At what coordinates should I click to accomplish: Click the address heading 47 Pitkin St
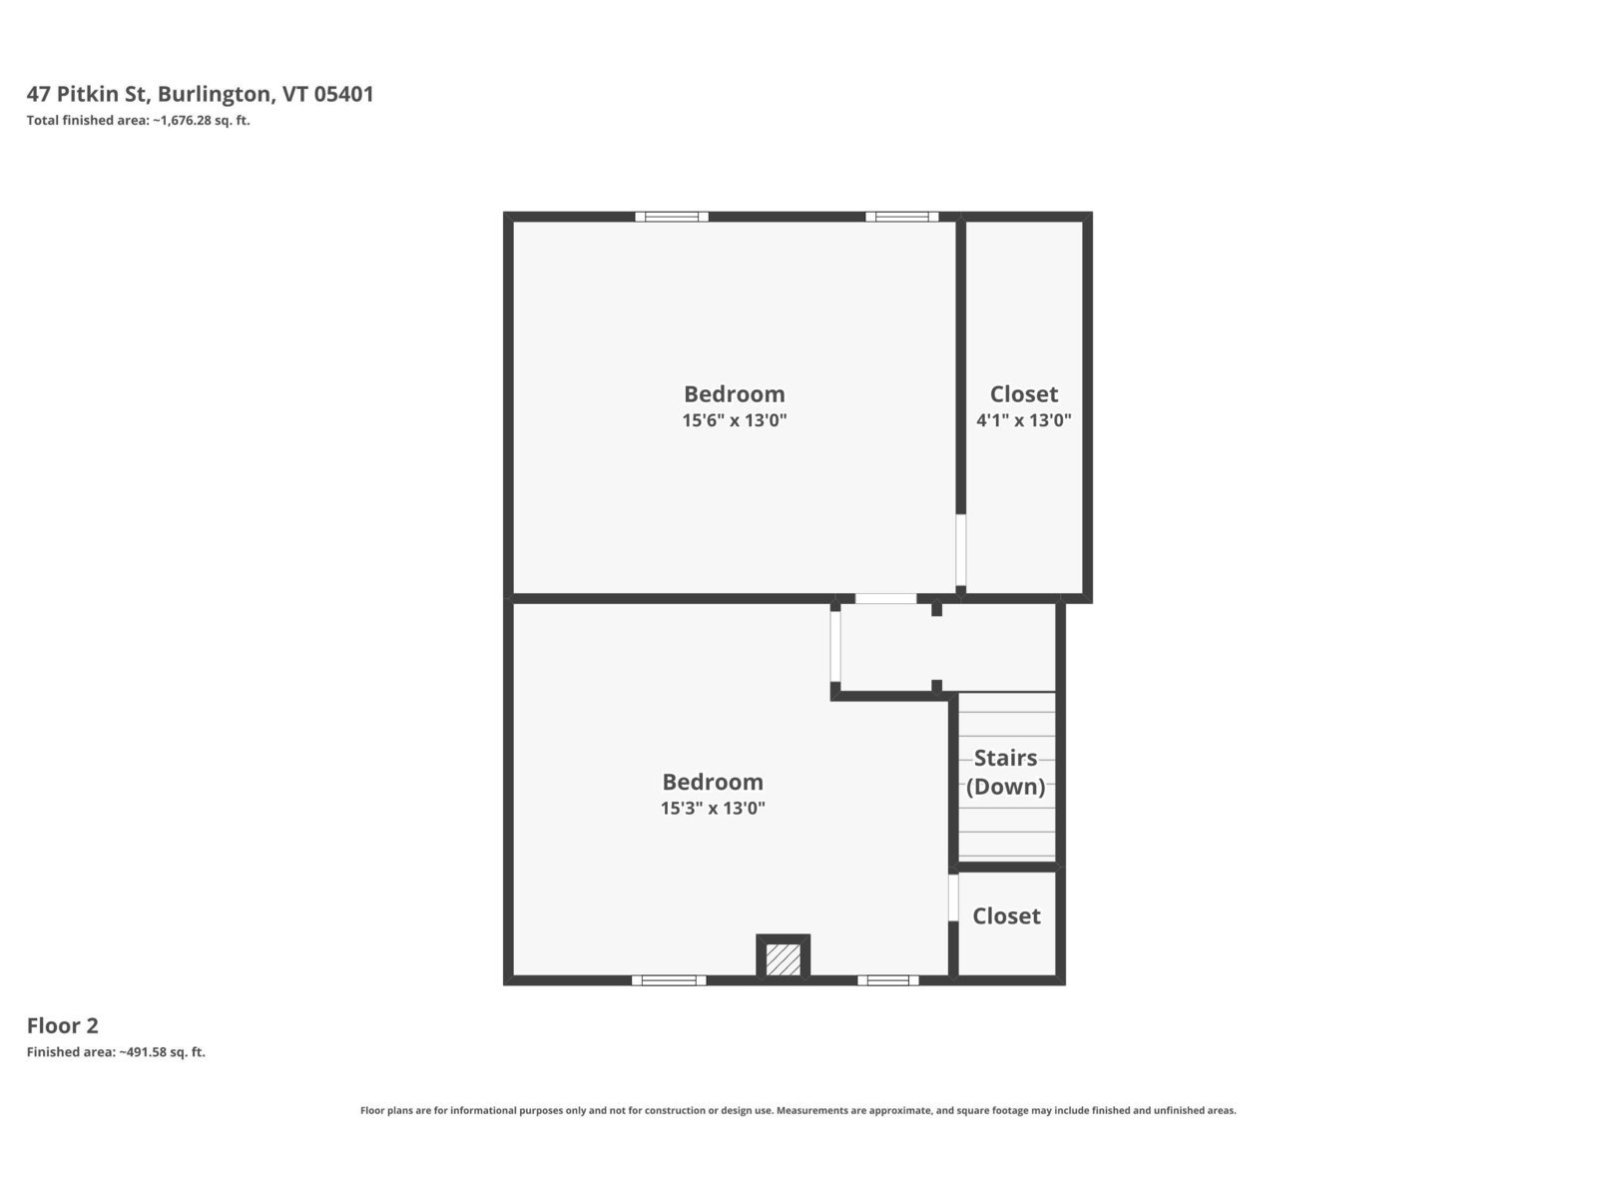click(200, 94)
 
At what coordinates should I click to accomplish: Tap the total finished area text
click(138, 120)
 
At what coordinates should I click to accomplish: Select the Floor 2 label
click(63, 1025)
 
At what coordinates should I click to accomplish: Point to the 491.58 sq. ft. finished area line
click(117, 1052)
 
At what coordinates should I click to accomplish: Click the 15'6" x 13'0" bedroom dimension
click(734, 419)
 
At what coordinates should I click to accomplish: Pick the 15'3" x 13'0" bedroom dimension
click(713, 808)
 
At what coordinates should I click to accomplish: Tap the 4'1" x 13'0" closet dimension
click(1024, 419)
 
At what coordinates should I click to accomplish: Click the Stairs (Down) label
click(1005, 772)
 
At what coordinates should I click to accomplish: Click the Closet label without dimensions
click(1006, 915)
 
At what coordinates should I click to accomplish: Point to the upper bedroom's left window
click(672, 217)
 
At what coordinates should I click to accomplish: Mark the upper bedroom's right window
click(901, 217)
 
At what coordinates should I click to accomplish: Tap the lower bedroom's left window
click(669, 980)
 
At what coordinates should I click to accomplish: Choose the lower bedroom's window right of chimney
click(887, 980)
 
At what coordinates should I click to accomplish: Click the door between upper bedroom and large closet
click(960, 550)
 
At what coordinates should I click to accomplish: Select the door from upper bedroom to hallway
click(885, 599)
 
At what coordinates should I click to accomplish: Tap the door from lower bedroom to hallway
click(835, 646)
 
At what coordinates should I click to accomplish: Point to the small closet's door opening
click(953, 897)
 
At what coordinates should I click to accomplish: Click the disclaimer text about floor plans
click(798, 1110)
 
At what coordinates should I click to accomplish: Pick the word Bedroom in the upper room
click(734, 393)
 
